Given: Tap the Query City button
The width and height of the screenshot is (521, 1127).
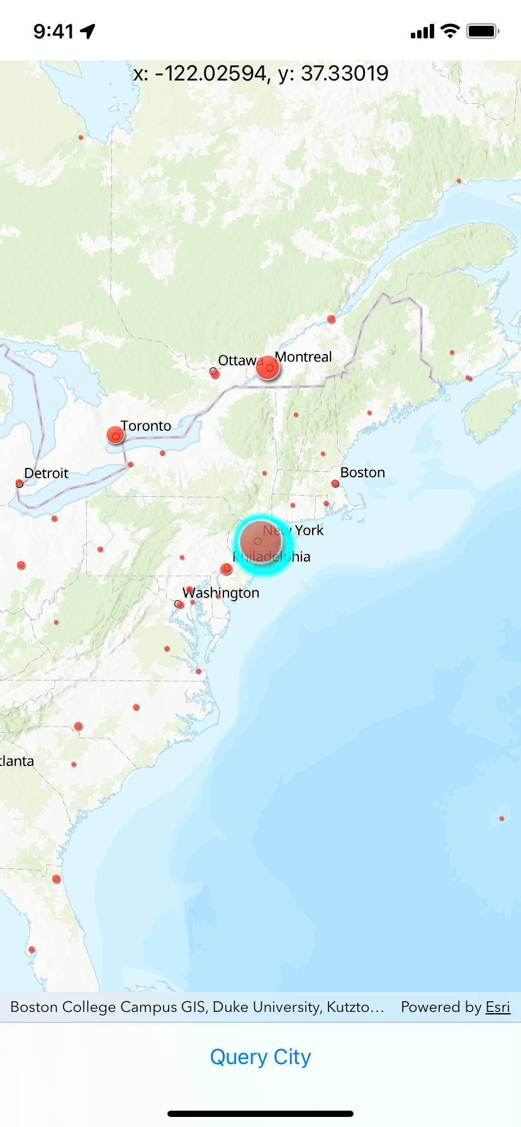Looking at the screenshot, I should [260, 1057].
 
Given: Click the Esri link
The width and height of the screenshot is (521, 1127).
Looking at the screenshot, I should [498, 1007].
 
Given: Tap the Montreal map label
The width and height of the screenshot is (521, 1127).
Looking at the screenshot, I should [303, 357].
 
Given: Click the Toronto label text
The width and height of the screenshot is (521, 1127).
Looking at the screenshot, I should [146, 426].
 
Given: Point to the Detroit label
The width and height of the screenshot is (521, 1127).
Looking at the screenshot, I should [47, 473].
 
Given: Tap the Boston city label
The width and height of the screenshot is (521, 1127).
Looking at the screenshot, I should [362, 472].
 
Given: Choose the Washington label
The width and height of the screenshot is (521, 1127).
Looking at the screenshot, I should [221, 592].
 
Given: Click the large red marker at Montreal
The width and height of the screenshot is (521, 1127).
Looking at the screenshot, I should [267, 368].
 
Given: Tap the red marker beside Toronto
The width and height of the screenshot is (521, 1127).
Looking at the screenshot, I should [115, 435].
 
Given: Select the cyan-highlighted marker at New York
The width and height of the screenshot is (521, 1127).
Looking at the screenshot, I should [262, 542].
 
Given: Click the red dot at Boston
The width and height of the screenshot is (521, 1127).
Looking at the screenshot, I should [335, 484].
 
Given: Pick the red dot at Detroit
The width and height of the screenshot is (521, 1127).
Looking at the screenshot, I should [20, 484].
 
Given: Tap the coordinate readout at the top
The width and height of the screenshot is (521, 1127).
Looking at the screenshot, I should [260, 74].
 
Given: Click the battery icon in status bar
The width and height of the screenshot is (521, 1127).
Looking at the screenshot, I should [483, 31].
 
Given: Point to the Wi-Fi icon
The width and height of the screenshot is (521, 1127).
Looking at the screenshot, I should [450, 31].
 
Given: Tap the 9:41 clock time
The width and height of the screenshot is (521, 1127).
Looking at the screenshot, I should [53, 31].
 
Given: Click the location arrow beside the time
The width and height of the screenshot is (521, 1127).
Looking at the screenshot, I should [87, 31].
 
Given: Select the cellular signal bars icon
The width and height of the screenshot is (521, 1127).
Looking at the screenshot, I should [422, 31].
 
